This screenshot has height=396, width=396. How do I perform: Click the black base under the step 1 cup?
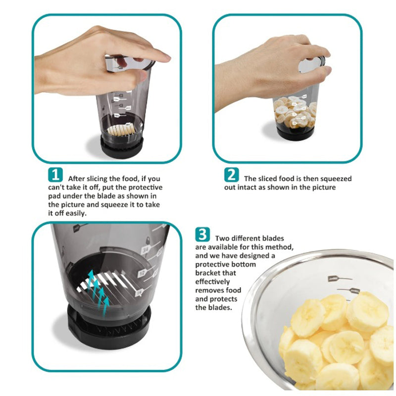point(122,145)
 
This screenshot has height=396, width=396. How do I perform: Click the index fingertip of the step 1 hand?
point(165,58)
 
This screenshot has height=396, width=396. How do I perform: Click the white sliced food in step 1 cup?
point(121,130)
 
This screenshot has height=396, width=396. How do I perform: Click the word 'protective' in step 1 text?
point(142,187)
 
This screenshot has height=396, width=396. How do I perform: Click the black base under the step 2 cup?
point(294,133)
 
